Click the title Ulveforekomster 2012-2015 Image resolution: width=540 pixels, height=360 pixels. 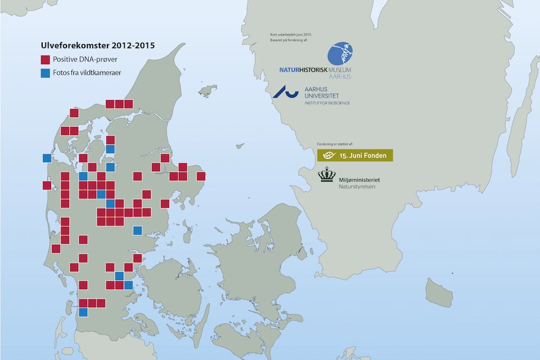(x=98, y=45)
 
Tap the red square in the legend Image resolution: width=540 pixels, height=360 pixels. (x=46, y=59)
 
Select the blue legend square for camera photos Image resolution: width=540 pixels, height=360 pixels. (x=46, y=72)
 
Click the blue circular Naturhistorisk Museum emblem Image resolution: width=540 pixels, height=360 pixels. (x=341, y=55)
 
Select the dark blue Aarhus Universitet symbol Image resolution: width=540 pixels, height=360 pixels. (x=285, y=92)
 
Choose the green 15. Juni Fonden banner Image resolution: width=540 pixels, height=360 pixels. (x=355, y=155)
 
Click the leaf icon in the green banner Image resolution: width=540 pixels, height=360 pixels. (x=327, y=155)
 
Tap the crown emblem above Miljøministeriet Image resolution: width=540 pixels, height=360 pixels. (x=327, y=174)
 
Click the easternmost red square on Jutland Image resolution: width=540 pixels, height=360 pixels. (x=201, y=176)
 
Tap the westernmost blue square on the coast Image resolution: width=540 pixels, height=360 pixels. (x=47, y=158)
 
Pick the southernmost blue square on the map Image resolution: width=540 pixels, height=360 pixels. (x=83, y=312)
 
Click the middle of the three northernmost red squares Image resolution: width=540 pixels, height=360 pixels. (x=119, y=104)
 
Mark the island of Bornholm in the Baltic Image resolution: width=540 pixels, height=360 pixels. (x=438, y=293)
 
